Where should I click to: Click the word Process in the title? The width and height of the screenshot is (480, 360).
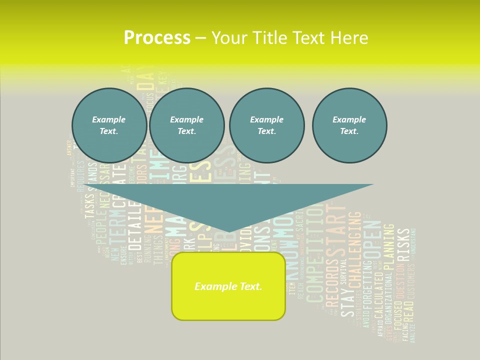157,38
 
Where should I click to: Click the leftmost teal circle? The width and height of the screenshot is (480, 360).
109,125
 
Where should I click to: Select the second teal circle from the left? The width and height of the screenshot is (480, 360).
187,125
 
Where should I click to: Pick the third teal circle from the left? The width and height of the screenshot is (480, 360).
266,125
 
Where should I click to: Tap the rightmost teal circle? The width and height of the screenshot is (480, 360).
349,125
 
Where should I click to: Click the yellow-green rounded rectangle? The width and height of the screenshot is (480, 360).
228,286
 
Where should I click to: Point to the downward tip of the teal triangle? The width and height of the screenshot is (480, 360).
228,232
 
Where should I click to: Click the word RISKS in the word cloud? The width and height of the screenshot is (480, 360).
403,245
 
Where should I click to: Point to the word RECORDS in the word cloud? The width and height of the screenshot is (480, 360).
332,282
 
